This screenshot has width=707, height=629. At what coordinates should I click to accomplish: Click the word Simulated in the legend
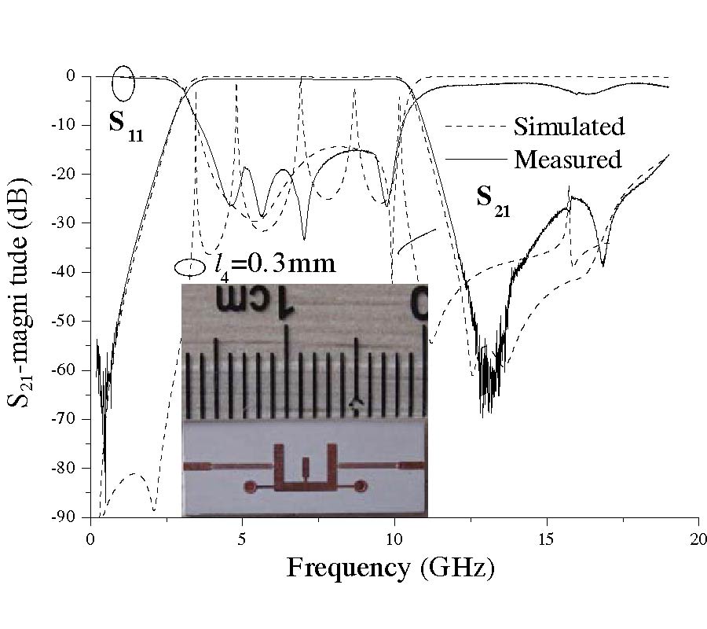[569, 126]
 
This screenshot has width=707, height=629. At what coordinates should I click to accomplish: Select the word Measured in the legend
[567, 160]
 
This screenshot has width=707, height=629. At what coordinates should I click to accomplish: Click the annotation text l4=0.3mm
[275, 263]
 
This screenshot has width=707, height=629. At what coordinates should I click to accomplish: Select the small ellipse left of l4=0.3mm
[189, 267]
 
